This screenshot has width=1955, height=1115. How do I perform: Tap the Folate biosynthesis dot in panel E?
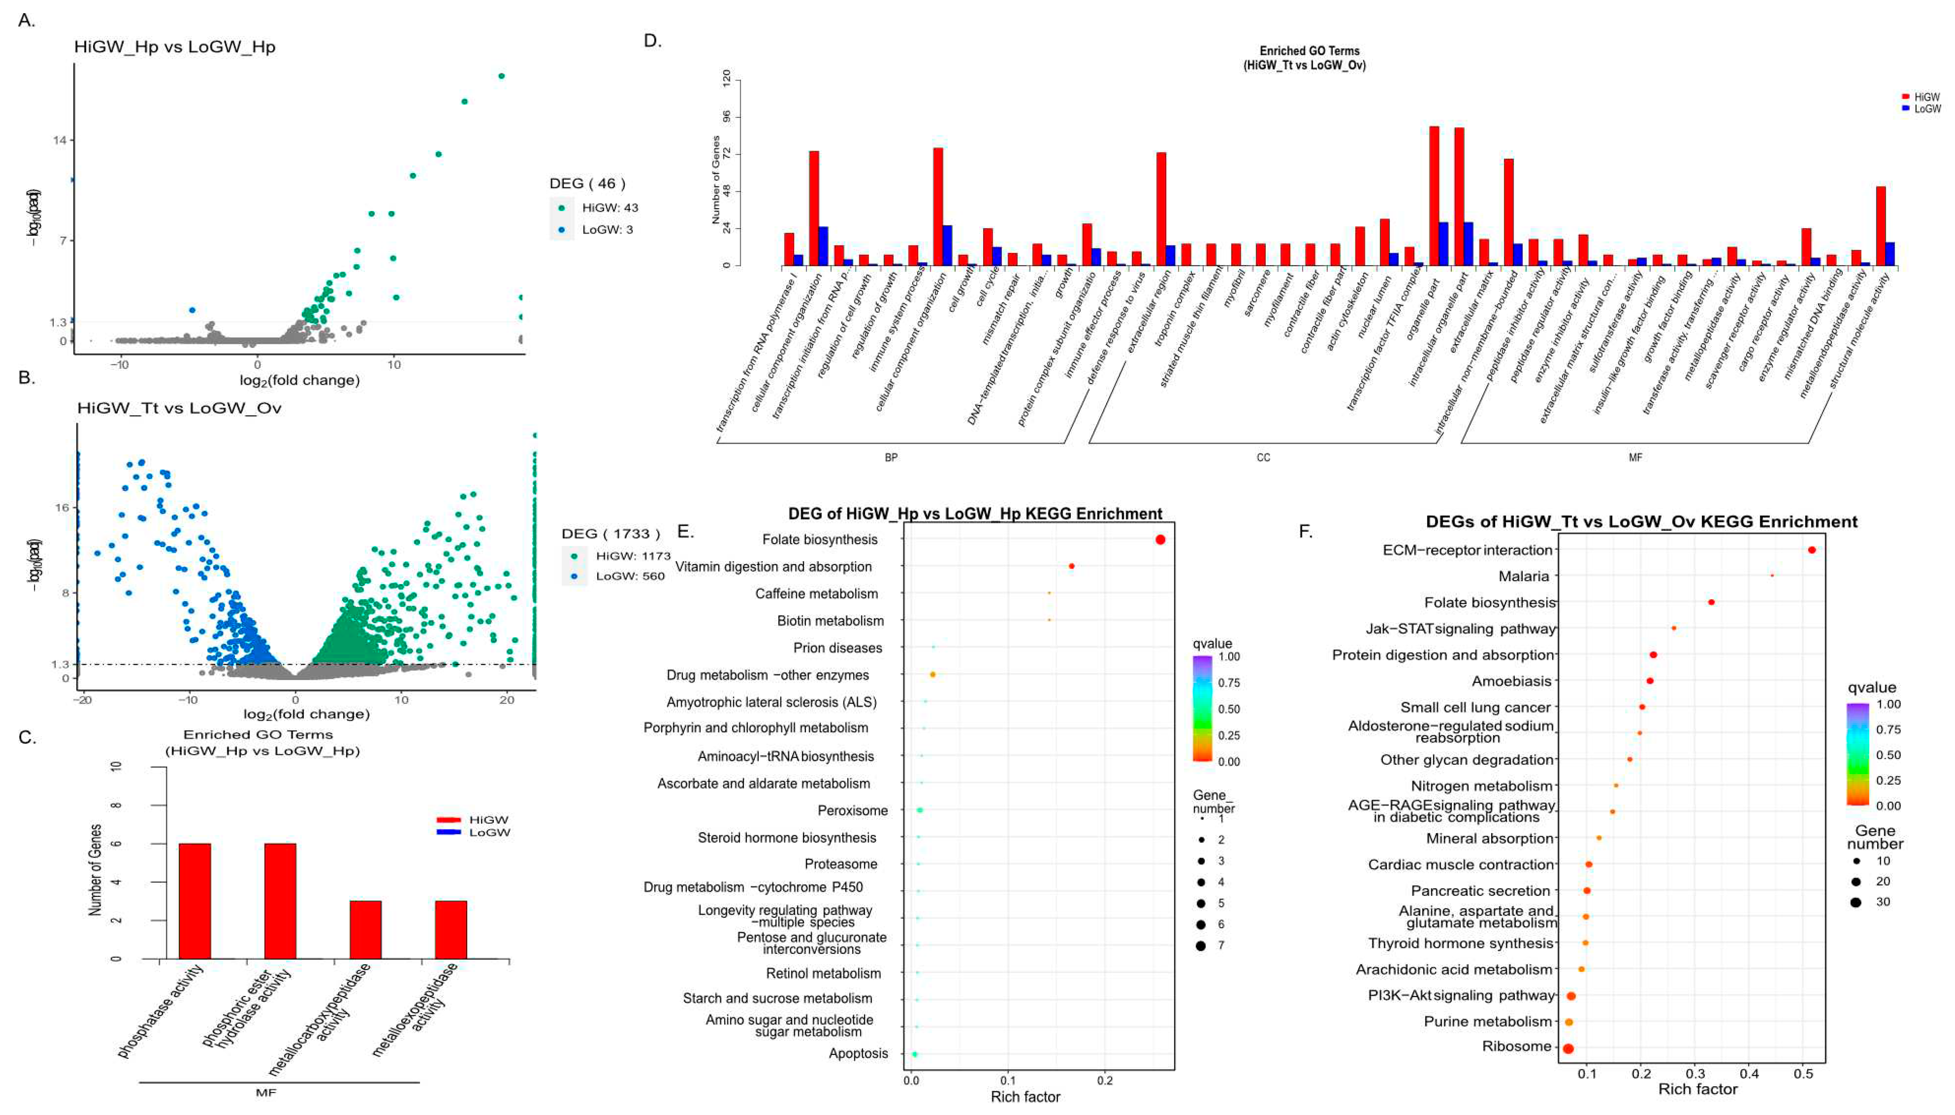click(1160, 540)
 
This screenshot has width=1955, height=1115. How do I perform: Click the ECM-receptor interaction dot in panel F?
click(1811, 550)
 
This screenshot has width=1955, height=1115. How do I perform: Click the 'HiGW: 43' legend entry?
click(609, 208)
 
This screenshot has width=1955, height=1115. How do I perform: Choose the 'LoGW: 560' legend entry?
click(630, 576)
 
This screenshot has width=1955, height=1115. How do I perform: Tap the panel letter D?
click(652, 40)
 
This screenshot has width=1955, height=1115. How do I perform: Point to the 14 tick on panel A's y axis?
click(60, 140)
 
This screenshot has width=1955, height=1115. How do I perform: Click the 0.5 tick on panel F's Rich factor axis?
click(1803, 1074)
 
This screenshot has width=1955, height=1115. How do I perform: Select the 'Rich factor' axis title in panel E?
click(1025, 1096)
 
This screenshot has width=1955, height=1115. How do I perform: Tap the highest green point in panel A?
click(501, 76)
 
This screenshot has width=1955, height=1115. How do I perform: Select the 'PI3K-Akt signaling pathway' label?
click(1461, 996)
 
